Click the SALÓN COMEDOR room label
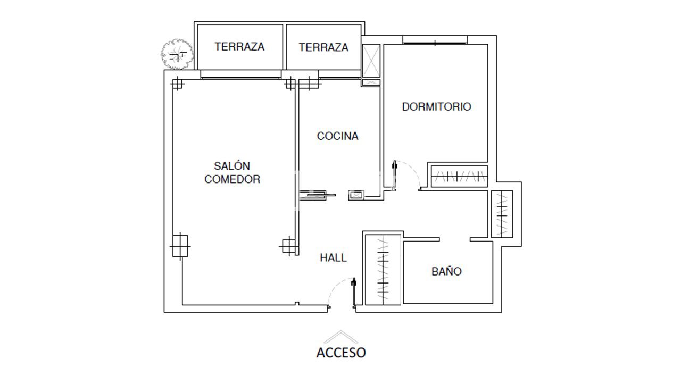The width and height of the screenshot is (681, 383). click(x=232, y=172)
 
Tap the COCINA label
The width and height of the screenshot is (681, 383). click(x=337, y=136)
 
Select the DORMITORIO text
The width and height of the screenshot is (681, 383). click(x=436, y=106)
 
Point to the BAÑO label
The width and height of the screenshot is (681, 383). click(x=446, y=271)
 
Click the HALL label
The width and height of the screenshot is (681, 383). click(x=333, y=258)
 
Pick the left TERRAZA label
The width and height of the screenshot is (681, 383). click(x=239, y=47)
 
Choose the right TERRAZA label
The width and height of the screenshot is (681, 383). click(x=323, y=47)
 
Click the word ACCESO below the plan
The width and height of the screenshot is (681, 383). click(x=341, y=352)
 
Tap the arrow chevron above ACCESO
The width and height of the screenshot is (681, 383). click(x=341, y=336)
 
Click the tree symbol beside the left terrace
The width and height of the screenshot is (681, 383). click(x=177, y=54)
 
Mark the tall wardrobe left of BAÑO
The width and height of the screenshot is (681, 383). click(x=383, y=269)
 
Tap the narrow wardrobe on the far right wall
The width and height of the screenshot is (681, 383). click(x=502, y=214)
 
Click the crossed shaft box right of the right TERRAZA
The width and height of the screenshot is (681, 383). click(x=371, y=60)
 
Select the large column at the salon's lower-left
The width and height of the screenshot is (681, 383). click(x=180, y=246)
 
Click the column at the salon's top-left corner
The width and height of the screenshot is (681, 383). click(x=177, y=84)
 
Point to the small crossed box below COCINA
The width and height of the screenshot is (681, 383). click(x=356, y=195)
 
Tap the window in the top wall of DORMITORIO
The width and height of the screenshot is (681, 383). click(x=435, y=40)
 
